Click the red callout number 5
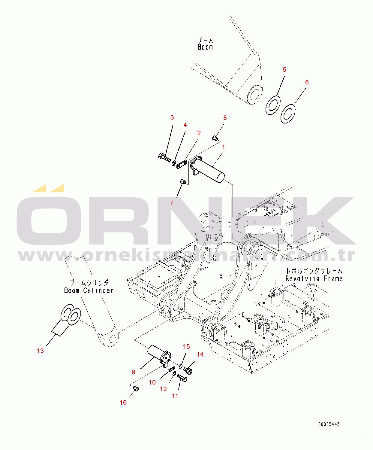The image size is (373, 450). click(x=284, y=70)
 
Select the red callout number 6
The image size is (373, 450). click(x=307, y=82)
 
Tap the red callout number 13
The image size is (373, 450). click(x=40, y=351)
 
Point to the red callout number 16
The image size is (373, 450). click(x=123, y=403)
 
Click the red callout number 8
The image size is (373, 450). click(x=225, y=118)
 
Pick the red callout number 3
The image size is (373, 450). click(x=172, y=117)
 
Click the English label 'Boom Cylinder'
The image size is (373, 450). click(x=89, y=290)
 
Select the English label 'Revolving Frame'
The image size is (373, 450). click(x=314, y=279)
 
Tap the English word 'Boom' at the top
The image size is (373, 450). click(x=205, y=47)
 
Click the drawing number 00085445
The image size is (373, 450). click(x=329, y=424)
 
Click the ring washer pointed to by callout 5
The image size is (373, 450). click(x=273, y=105)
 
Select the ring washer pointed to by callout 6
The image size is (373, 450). click(x=288, y=114)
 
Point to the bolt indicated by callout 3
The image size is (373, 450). click(x=164, y=157)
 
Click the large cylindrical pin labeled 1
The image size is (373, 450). click(x=210, y=171)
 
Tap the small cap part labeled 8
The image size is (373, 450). click(x=215, y=138)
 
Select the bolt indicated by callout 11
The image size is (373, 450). click(x=182, y=378)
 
